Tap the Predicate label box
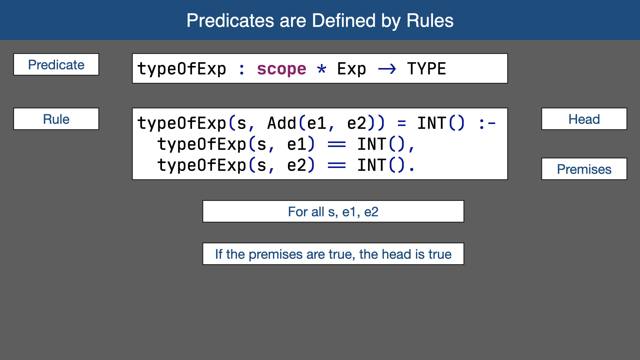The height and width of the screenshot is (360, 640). tap(56, 64)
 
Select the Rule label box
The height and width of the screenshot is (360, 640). tap(56, 119)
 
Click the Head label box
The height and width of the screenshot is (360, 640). tap(584, 119)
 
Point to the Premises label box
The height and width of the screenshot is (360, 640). tap(584, 169)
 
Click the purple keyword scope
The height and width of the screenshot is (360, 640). tap(281, 69)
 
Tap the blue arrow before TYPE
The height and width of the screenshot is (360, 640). tap(387, 69)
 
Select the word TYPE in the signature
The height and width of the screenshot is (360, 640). tap(426, 69)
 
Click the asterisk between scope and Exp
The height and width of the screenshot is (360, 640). tap(322, 69)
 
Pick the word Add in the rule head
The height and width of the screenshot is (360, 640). tap(282, 123)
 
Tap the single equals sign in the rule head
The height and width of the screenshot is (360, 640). tap(402, 124)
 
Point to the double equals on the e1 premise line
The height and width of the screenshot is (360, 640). tap(337, 145)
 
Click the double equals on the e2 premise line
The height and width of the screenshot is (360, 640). tap(337, 165)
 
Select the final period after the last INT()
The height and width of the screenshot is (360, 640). tap(412, 169)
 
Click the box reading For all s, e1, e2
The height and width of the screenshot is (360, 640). tap(333, 211)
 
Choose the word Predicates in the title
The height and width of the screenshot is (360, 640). tap(230, 20)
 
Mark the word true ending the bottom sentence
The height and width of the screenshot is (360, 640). tap(440, 254)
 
